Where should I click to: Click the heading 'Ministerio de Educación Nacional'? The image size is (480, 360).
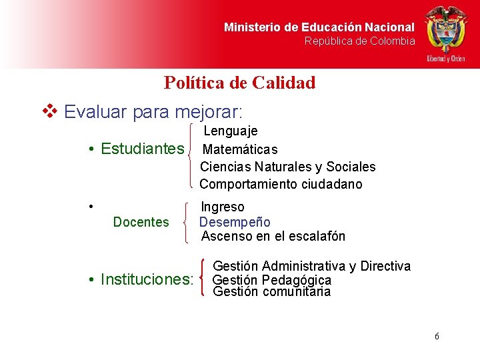[319, 27]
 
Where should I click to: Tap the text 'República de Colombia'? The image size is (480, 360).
[359, 41]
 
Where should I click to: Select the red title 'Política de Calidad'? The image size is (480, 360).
[239, 83]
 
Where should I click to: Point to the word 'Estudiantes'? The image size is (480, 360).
[141, 149]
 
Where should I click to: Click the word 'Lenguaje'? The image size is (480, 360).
[230, 131]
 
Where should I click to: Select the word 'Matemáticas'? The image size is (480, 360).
[240, 149]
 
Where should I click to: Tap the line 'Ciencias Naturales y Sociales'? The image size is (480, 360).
[287, 167]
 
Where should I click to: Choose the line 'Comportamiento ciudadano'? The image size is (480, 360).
[281, 184]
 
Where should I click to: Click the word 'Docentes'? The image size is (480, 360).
[141, 222]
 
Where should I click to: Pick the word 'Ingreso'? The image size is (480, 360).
[223, 207]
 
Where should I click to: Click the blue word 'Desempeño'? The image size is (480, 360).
[235, 222]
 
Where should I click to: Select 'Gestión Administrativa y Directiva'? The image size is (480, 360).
[311, 266]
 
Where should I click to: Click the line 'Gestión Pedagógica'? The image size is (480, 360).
[271, 280]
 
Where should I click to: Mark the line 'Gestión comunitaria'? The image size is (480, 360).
[271, 292]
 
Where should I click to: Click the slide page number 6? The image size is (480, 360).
[437, 336]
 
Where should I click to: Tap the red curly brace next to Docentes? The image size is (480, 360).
[185, 223]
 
